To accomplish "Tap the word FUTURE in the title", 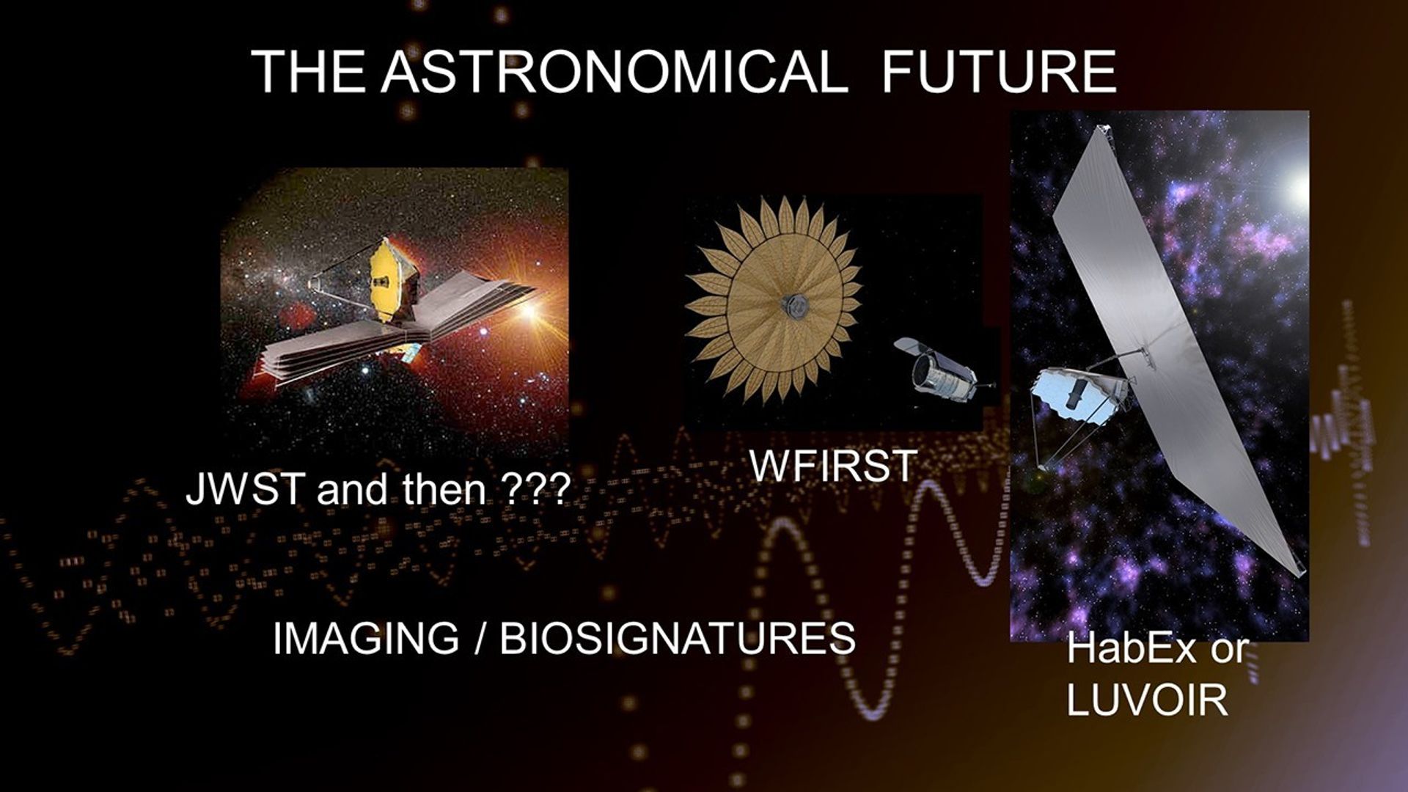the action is pyautogui.click(x=999, y=72).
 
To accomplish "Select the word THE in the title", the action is pyautogui.click(x=308, y=72).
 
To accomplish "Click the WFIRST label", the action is pyautogui.click(x=833, y=465).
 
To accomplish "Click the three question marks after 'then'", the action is pyautogui.click(x=538, y=489).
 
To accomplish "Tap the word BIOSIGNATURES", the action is pyautogui.click(x=678, y=638).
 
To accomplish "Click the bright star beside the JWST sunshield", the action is pyautogui.click(x=527, y=309).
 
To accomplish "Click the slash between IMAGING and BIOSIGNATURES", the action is pyautogui.click(x=480, y=638).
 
